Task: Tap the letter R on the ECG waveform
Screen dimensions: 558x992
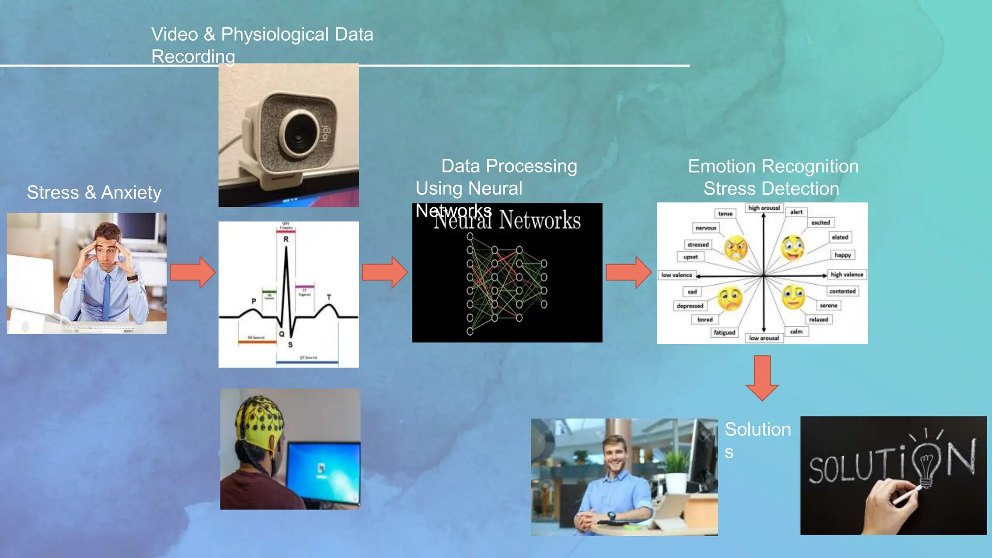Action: [286, 239]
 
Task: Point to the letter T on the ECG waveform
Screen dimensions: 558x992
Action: [329, 297]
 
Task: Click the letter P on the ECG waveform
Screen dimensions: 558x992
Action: [253, 301]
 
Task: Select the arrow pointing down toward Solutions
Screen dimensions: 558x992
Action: [762, 378]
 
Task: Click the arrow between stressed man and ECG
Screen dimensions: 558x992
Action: [192, 272]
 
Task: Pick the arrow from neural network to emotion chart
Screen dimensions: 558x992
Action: [628, 272]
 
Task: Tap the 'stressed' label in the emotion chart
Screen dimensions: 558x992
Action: [697, 245]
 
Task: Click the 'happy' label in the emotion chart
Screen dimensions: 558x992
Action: [842, 255]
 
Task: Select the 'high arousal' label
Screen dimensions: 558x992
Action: [764, 208]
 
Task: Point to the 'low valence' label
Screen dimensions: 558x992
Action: [677, 275]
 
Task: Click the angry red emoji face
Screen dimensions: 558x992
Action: [735, 248]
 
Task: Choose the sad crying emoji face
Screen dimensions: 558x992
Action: [730, 299]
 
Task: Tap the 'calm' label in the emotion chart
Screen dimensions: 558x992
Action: [796, 332]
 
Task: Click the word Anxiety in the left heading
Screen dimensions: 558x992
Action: [131, 193]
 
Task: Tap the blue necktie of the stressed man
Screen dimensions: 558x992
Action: [107, 296]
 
